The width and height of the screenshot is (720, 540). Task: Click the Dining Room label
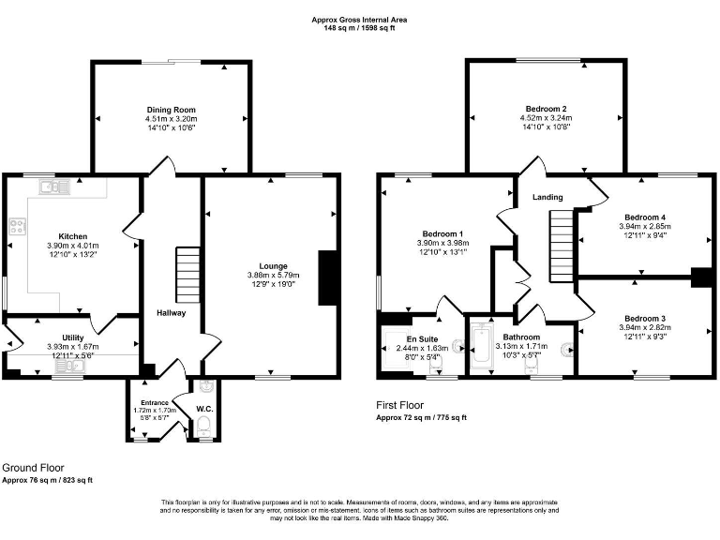172,110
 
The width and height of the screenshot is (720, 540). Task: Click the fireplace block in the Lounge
327,278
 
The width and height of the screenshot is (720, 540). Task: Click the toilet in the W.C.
205,426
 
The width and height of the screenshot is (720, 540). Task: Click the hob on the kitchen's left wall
16,225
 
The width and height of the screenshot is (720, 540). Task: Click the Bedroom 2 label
547,110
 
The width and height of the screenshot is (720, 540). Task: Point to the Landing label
547,198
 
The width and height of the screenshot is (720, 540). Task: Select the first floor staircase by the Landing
560,234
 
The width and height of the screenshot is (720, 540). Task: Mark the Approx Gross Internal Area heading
360,19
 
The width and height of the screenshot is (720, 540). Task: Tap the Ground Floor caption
33,467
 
